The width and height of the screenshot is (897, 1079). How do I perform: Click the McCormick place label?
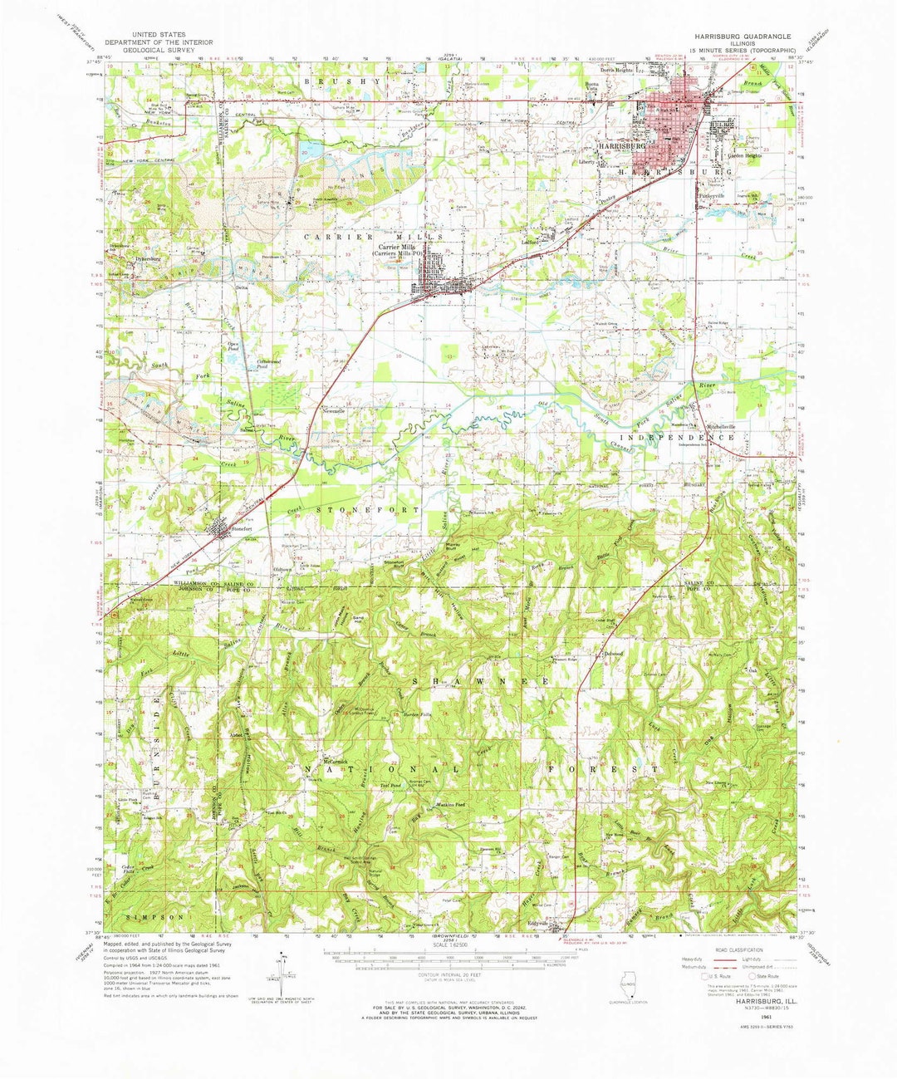point(339,760)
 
